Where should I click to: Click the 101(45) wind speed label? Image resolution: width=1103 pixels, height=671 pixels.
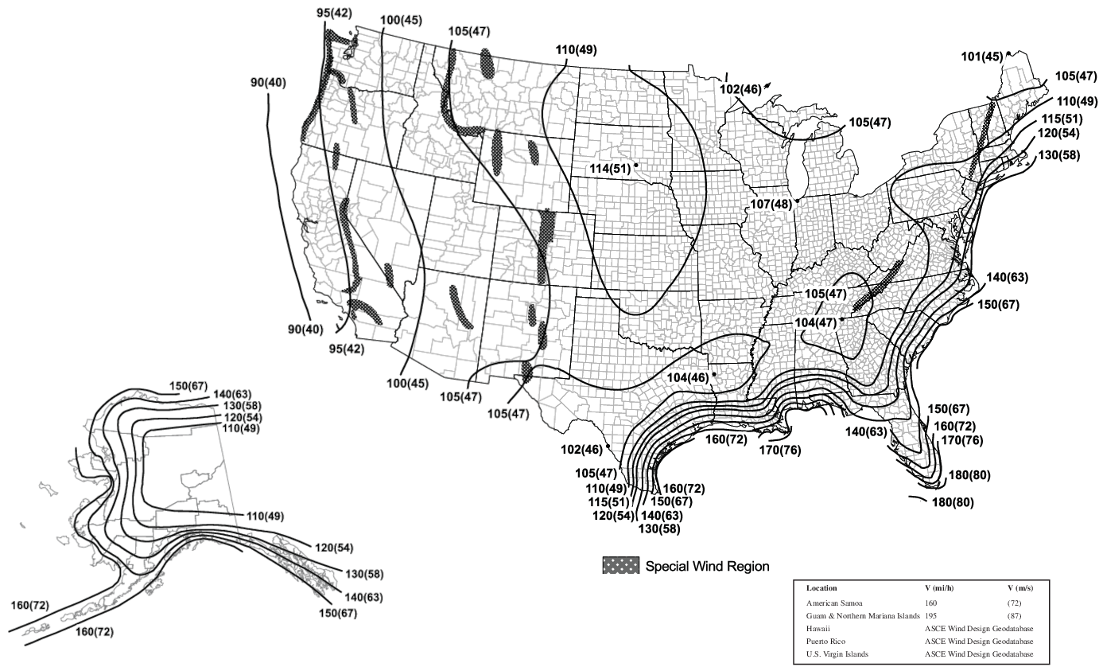coord(982,57)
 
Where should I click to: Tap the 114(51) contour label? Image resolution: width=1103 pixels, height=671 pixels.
coord(610,169)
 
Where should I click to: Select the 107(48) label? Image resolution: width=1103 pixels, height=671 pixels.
coord(771,205)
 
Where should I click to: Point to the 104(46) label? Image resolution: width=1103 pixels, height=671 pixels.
coord(689,377)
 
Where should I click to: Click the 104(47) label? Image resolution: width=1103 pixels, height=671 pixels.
coord(815,322)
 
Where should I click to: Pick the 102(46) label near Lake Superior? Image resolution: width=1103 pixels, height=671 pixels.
coord(740,89)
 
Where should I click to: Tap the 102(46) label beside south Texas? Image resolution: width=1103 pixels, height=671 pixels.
coord(581,449)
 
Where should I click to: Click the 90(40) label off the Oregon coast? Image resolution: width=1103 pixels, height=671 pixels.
coord(269,83)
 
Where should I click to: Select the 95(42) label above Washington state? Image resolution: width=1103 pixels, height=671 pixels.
coord(335,14)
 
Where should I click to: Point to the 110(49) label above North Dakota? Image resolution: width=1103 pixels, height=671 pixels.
coord(577,49)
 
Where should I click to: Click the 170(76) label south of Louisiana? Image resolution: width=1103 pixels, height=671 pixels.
coord(780,451)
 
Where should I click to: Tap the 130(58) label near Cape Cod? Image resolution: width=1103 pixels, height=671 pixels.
coord(1058,155)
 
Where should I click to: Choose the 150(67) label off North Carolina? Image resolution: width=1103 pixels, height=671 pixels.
coord(999,305)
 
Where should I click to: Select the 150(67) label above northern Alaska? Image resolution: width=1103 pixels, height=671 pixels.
coord(188,387)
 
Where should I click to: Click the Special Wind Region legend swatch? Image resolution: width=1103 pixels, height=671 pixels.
coord(621,566)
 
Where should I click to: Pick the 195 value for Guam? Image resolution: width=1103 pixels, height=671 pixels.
coord(930,615)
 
